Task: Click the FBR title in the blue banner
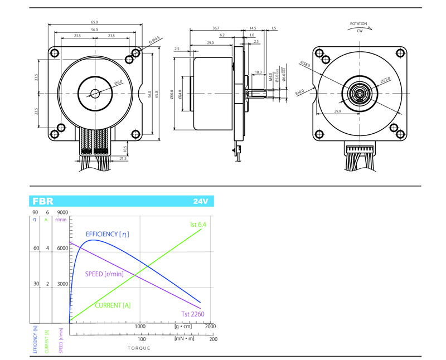coord(43,201)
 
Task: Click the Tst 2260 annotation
coord(193,314)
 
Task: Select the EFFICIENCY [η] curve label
coord(111,233)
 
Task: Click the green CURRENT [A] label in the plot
coord(113,305)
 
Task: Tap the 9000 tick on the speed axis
coord(63,212)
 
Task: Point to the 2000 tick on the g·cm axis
coord(210,327)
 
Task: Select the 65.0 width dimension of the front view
coord(94,22)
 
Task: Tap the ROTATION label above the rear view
coord(358,24)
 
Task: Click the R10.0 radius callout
coord(300,93)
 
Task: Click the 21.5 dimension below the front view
coord(123,159)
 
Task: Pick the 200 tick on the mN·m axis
coord(213,338)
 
